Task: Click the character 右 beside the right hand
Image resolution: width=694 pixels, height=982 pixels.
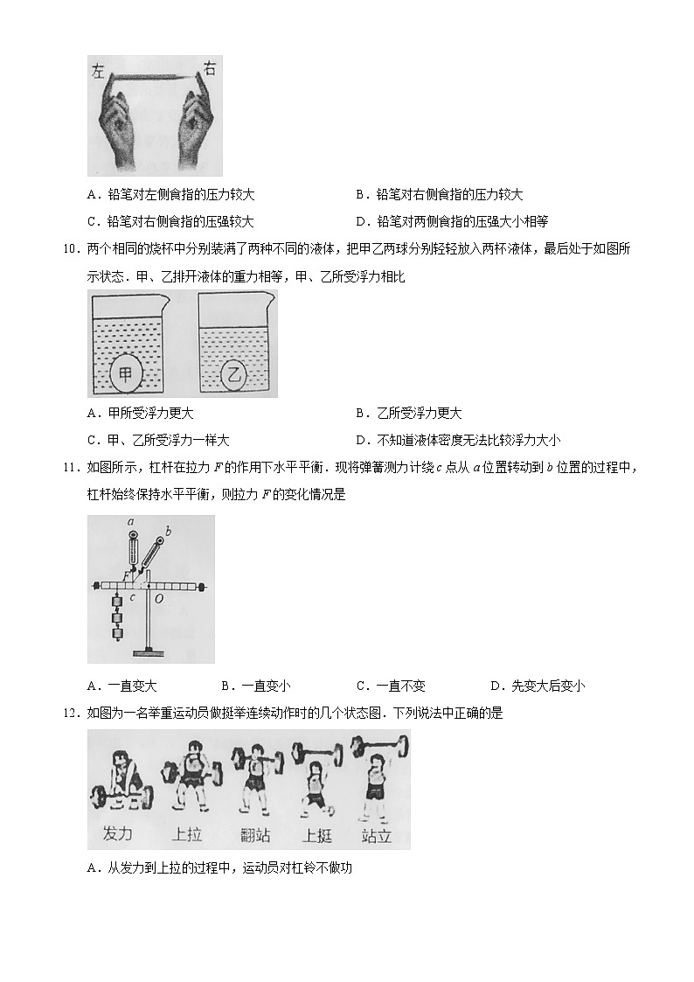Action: (x=210, y=68)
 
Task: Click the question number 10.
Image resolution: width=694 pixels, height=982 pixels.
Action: (x=73, y=249)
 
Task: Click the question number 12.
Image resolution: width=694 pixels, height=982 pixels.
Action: (x=73, y=713)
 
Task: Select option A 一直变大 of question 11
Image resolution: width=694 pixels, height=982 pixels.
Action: (x=122, y=686)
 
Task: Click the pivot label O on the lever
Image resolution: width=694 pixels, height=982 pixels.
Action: (x=157, y=600)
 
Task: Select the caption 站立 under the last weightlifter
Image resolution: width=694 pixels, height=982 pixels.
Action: (x=376, y=835)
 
